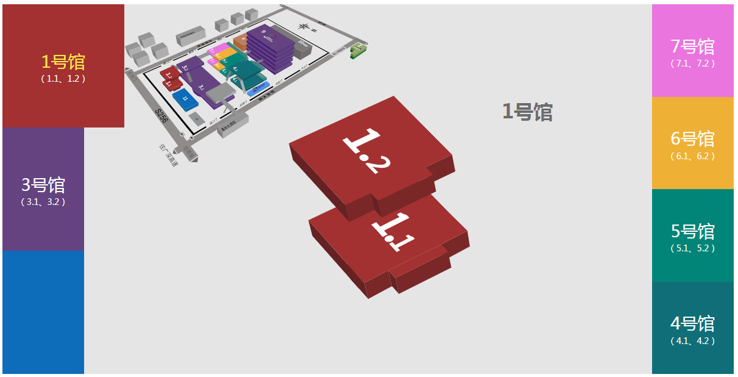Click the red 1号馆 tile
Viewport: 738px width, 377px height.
click(x=63, y=66)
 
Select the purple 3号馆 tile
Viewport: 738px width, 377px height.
click(x=43, y=189)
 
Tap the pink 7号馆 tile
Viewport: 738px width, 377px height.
click(x=693, y=51)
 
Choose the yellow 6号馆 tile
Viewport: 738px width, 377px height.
click(x=693, y=143)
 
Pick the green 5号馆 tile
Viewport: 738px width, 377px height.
click(x=693, y=235)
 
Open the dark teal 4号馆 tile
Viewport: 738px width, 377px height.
click(x=693, y=328)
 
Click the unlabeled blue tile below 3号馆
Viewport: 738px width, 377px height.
click(x=43, y=312)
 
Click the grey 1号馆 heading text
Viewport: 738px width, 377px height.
click(x=527, y=112)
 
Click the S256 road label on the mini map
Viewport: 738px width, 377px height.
click(x=161, y=117)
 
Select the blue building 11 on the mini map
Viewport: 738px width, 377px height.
click(x=183, y=98)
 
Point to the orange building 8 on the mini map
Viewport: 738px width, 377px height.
click(x=240, y=41)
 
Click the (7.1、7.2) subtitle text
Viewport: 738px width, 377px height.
click(x=693, y=63)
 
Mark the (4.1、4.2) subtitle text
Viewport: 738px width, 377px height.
click(x=693, y=341)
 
